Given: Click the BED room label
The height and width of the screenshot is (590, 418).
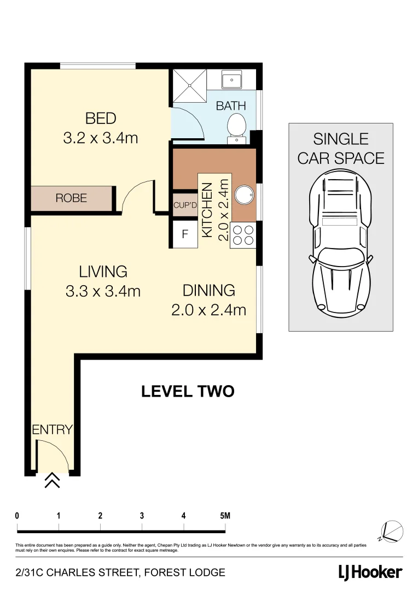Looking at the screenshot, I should [x=101, y=118].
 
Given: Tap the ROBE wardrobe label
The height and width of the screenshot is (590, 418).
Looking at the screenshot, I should [x=71, y=198].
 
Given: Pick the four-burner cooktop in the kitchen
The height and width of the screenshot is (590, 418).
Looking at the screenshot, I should [x=243, y=235].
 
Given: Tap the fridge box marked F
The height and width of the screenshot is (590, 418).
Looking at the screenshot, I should [x=185, y=234].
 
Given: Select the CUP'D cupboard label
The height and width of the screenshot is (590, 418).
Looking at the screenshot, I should [x=185, y=205].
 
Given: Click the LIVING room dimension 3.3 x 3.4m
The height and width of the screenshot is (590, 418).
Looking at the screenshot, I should [x=103, y=291].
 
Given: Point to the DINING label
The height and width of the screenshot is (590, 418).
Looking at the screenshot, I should [x=208, y=290].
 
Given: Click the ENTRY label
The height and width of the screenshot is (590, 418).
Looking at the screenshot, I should [x=52, y=429].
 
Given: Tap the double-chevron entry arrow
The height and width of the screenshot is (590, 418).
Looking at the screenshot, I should [x=52, y=480].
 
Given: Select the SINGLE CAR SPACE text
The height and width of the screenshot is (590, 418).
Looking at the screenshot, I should [x=340, y=149].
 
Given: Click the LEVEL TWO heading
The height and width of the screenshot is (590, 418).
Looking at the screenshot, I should [x=188, y=391].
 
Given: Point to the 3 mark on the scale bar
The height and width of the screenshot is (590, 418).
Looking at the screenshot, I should [x=142, y=516].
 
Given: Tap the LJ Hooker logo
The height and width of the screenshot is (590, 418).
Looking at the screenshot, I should [x=369, y=573].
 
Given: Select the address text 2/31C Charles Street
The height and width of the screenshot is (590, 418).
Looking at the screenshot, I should [x=120, y=573].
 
